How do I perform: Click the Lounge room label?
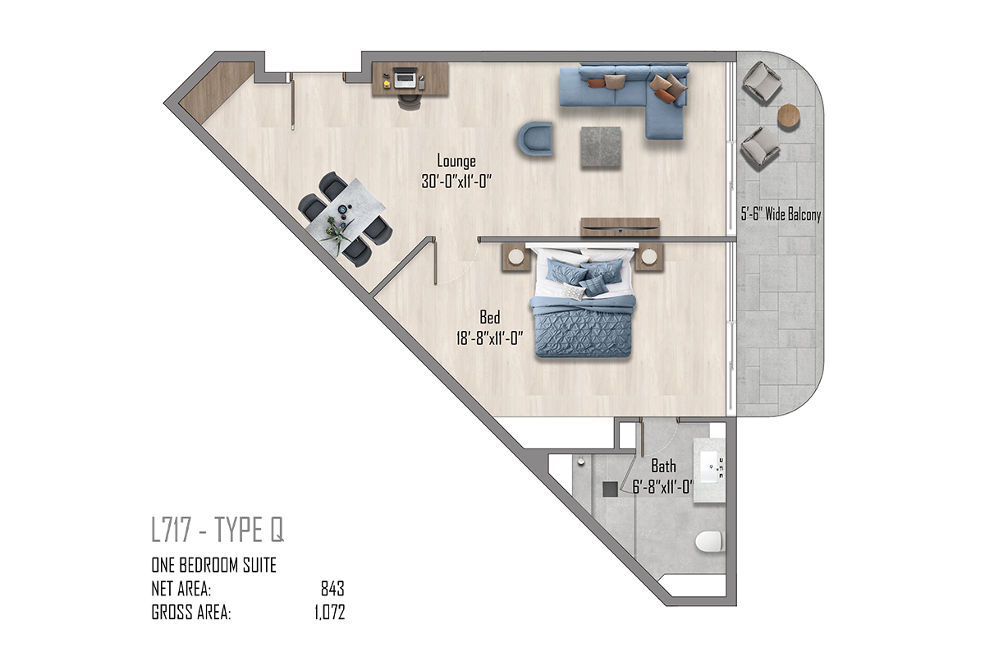pos(456,161)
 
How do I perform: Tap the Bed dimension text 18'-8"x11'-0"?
pos(489,338)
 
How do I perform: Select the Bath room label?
pos(663,466)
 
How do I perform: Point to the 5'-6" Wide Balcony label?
pos(781,214)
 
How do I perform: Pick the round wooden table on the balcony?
pos(789,116)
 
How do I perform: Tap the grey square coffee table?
pos(601,147)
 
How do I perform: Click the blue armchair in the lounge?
pos(534,139)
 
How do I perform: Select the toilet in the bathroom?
pos(709,541)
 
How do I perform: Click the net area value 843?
pos(332,588)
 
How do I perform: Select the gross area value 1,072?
pos(330,612)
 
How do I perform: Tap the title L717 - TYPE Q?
pos(218,530)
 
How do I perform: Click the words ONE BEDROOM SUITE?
pos(213,565)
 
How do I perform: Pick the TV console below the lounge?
pos(620,227)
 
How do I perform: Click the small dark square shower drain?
pos(610,489)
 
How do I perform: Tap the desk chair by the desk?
pos(410,103)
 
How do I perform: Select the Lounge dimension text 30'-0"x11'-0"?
pos(456,181)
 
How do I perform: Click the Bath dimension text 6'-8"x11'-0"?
pos(662,487)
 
